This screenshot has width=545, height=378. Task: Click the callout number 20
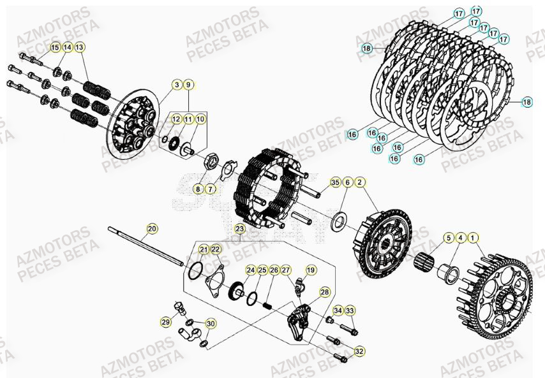point(152,228)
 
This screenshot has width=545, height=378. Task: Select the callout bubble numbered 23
point(239,228)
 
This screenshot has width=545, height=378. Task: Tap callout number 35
point(335,183)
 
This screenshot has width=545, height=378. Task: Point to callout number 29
point(165,323)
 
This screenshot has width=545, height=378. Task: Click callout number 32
point(359,351)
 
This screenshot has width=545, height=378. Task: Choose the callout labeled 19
point(311,270)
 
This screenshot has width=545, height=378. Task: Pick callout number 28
point(325,293)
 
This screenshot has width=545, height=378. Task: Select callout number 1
point(472,238)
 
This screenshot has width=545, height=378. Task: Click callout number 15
point(55,47)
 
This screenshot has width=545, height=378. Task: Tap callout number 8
point(198,189)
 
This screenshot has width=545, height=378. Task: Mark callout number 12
point(176,119)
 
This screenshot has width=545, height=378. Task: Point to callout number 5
point(449,238)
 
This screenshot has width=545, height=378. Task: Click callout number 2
point(360,183)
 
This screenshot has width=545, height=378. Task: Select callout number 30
point(211,324)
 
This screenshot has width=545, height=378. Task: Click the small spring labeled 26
point(270,304)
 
